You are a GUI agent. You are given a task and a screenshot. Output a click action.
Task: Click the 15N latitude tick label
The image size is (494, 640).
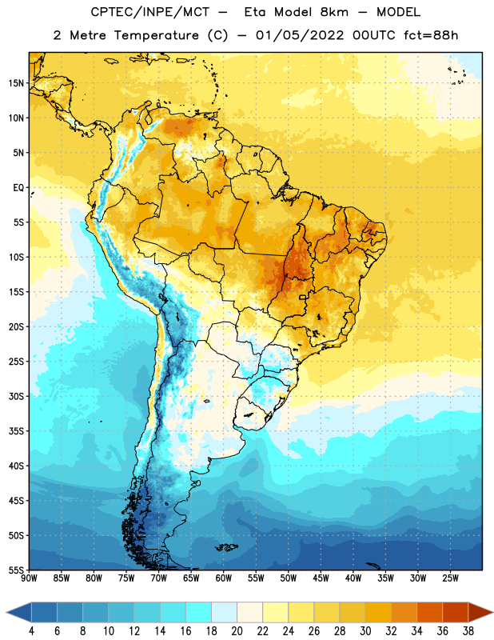point(16,83)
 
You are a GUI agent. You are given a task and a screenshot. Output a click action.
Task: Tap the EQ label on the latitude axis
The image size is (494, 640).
point(18,188)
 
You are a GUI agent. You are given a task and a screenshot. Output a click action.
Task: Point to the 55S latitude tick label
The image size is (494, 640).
point(16,570)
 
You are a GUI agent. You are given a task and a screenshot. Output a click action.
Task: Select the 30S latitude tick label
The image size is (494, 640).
point(16,396)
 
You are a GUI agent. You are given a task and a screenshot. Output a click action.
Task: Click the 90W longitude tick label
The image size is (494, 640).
point(29,578)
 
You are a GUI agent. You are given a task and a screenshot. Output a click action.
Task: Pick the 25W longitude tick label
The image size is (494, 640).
point(450,578)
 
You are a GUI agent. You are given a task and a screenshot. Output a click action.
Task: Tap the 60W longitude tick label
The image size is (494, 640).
point(224,578)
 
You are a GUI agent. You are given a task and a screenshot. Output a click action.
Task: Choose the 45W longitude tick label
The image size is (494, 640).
point(321,578)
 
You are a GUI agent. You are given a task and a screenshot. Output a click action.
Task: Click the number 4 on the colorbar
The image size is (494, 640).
point(31,631)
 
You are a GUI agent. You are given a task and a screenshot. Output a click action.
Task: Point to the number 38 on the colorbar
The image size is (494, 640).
point(468,631)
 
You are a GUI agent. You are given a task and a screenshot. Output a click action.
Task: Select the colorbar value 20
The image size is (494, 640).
point(237,631)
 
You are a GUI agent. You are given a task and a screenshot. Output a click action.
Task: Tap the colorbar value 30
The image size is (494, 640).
point(365,631)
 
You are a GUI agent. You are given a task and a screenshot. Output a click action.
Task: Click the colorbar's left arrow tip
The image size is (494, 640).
point(6,613)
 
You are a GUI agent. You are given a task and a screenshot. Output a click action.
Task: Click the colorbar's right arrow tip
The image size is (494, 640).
point(493,613)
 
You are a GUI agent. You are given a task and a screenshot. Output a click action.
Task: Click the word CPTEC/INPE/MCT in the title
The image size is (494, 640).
point(150,12)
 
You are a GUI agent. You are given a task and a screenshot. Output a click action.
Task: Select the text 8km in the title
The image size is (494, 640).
point(334,12)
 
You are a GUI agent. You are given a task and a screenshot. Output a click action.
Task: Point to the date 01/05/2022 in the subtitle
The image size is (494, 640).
point(300,35)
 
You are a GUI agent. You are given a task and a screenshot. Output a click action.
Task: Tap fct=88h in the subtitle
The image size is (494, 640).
point(431,35)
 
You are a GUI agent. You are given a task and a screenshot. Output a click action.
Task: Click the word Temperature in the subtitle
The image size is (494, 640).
point(156,35)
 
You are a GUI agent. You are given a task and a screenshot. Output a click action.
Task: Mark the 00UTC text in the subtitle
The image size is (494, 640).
point(374,35)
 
